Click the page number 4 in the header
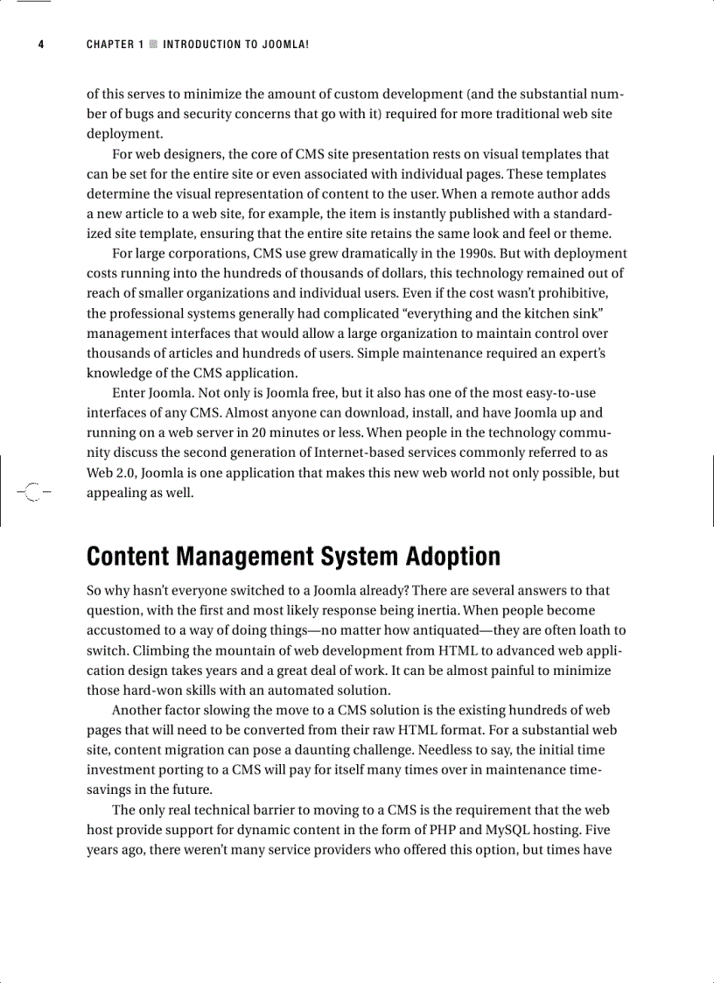40,45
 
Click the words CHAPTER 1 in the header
115,45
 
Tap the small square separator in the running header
153,45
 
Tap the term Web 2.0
111,473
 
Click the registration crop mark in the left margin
32,492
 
